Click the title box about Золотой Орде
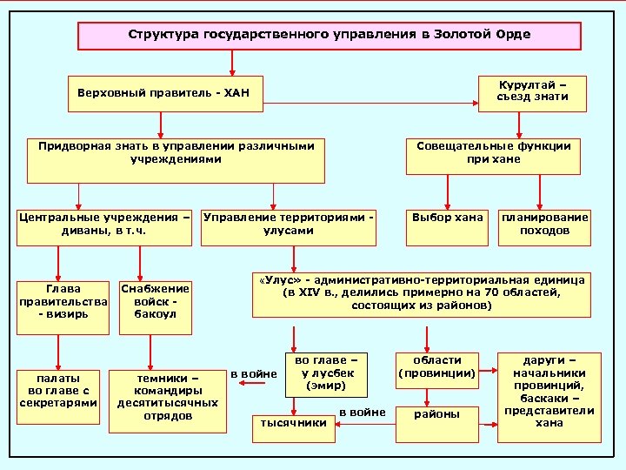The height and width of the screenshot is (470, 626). pyautogui.click(x=330, y=36)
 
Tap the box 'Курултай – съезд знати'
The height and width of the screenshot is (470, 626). pyautogui.click(x=532, y=92)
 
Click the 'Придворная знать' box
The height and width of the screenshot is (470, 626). pyautogui.click(x=170, y=159)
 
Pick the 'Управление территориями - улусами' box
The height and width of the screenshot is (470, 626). pyautogui.click(x=289, y=225)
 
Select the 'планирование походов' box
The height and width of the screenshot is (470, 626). pyautogui.click(x=543, y=225)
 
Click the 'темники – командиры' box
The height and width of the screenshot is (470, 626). pyautogui.click(x=166, y=398)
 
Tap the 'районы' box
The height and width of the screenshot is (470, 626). pyautogui.click(x=436, y=416)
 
